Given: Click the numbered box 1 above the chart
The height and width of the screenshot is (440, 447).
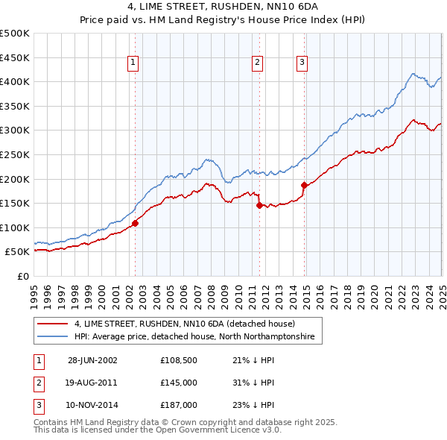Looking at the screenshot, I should point(133,63).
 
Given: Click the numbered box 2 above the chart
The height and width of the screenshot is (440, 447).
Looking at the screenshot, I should point(257,63).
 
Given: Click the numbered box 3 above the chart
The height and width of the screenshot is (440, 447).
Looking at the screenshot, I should point(302,63).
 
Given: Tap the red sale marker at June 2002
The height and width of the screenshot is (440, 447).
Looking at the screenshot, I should point(135,223).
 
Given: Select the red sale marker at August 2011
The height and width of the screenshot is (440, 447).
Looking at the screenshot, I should point(259,205).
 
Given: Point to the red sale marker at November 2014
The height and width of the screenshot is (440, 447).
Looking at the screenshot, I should point(304,185).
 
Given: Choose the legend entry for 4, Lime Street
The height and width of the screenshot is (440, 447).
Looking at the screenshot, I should point(185,324).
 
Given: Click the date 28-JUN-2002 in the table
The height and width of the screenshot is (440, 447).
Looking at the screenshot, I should point(92,360).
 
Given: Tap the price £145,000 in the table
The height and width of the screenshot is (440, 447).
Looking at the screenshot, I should point(179,383).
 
